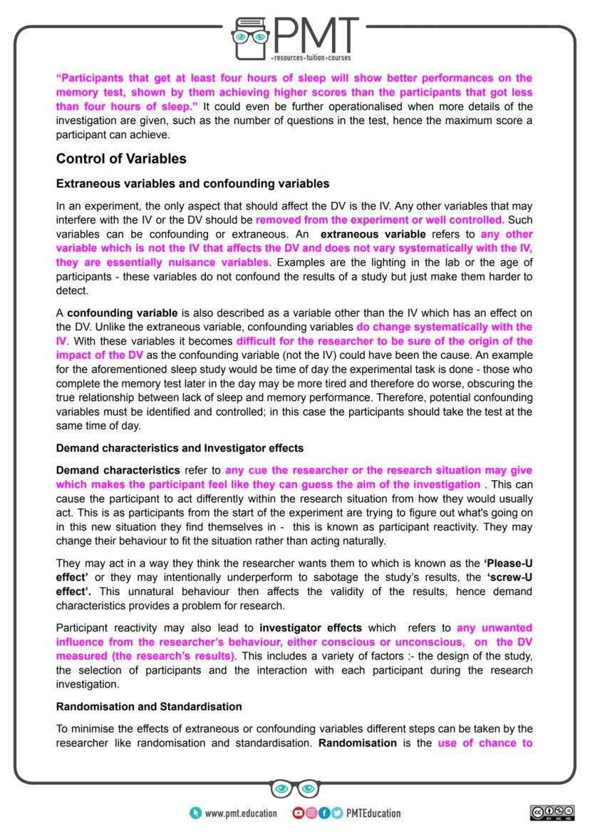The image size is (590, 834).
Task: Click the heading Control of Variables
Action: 121,158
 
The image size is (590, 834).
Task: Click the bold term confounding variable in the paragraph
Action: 118,312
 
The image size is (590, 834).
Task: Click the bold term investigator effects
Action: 311,628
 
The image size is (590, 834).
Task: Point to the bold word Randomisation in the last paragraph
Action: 357,743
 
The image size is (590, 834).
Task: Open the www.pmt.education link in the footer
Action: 240,813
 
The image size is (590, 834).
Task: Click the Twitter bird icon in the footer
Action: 336,813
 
